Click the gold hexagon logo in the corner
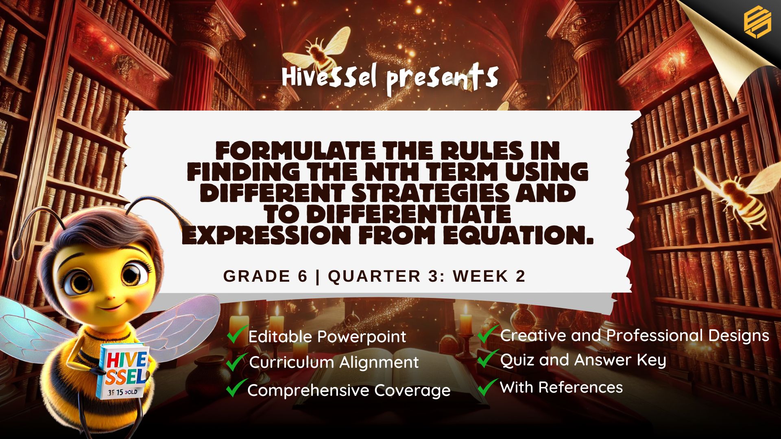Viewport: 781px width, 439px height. coord(757,23)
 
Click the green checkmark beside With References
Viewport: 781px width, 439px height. coord(487,387)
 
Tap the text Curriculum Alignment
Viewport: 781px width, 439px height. coord(334,362)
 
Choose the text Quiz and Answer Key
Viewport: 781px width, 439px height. coord(583,361)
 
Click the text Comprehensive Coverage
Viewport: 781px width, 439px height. coord(349,391)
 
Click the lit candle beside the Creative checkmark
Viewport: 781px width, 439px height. coord(466,321)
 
